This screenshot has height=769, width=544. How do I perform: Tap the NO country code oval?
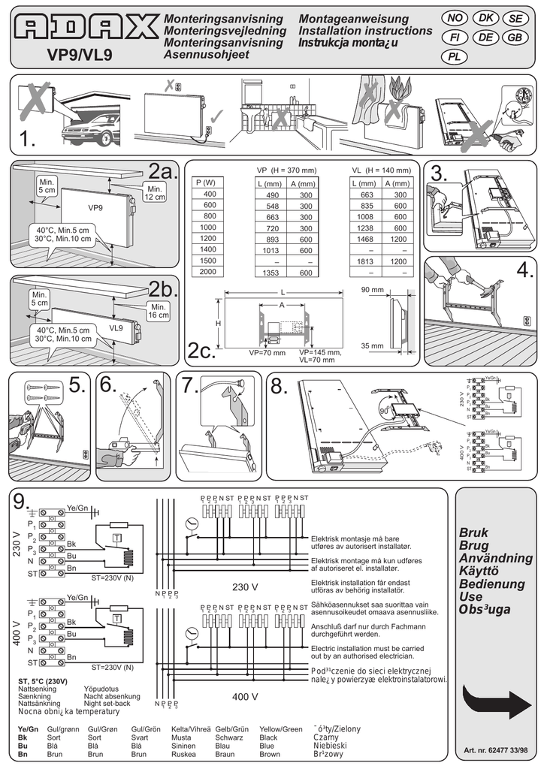pos(455,17)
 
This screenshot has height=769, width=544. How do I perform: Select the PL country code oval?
pos(455,56)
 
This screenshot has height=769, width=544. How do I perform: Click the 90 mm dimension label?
pos(372,289)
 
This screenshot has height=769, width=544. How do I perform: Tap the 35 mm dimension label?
pos(372,346)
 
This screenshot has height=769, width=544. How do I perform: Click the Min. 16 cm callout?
pos(159,311)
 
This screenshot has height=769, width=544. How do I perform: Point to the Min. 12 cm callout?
pos(156,192)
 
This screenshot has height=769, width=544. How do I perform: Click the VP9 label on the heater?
pos(95,207)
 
